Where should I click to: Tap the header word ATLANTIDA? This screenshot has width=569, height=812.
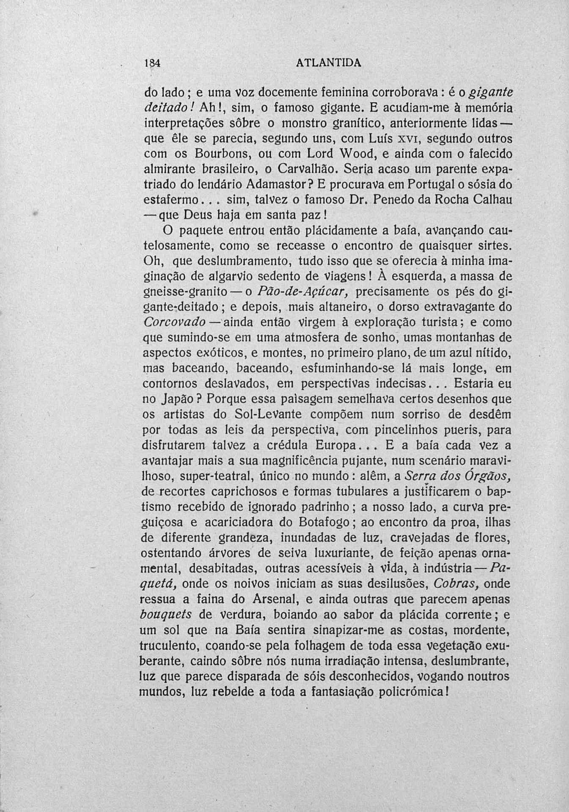coord(329,63)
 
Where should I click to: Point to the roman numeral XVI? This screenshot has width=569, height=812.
coord(400,138)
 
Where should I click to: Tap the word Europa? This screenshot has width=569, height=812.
coord(336,446)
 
